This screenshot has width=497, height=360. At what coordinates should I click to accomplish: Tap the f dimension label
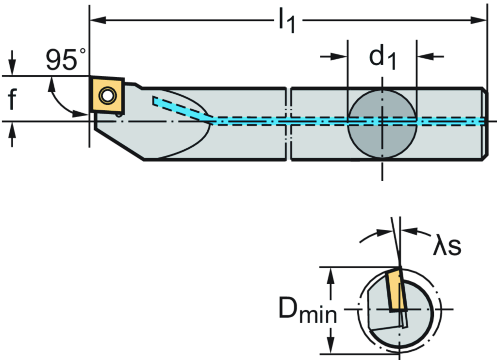[x=12, y=99]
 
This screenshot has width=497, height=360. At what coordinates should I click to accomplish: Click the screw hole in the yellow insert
[x=105, y=94]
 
